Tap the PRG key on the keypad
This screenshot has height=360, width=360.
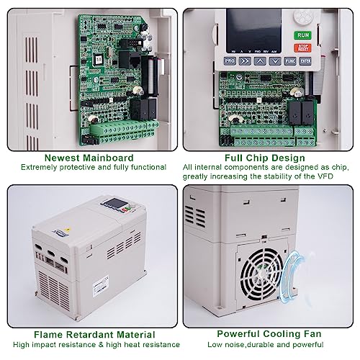[230, 61]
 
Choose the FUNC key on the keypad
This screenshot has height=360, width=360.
[291, 61]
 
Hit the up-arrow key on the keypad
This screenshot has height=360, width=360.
[259, 61]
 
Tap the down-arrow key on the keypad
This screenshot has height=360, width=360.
[274, 61]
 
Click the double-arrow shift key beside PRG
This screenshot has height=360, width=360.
[244, 61]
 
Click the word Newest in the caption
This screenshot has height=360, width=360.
[64, 158]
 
